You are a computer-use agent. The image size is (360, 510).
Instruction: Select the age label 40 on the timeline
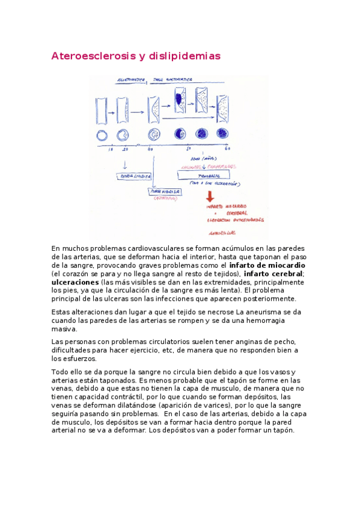150,149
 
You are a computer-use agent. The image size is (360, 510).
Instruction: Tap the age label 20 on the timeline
126,149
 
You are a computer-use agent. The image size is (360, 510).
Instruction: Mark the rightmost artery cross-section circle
222,134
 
